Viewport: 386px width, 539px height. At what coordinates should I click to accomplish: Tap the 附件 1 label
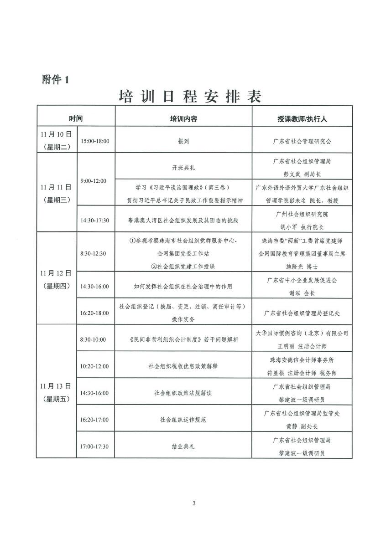coord(54,80)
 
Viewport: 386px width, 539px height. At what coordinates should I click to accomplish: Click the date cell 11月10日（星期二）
coord(57,140)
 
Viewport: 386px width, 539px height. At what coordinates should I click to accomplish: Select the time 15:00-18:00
coord(95,141)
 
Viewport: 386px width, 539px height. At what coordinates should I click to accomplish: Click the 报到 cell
coord(183,141)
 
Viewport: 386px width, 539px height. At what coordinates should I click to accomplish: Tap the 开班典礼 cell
coord(183,167)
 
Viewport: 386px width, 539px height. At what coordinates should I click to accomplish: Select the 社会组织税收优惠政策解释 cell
coord(183,365)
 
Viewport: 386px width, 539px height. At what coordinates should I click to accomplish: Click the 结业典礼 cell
coord(183,447)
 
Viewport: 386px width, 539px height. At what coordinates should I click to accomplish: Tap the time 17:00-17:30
coord(94,446)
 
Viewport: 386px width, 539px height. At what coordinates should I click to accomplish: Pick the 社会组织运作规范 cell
coord(183,419)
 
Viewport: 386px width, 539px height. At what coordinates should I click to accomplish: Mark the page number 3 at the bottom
coord(193,503)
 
